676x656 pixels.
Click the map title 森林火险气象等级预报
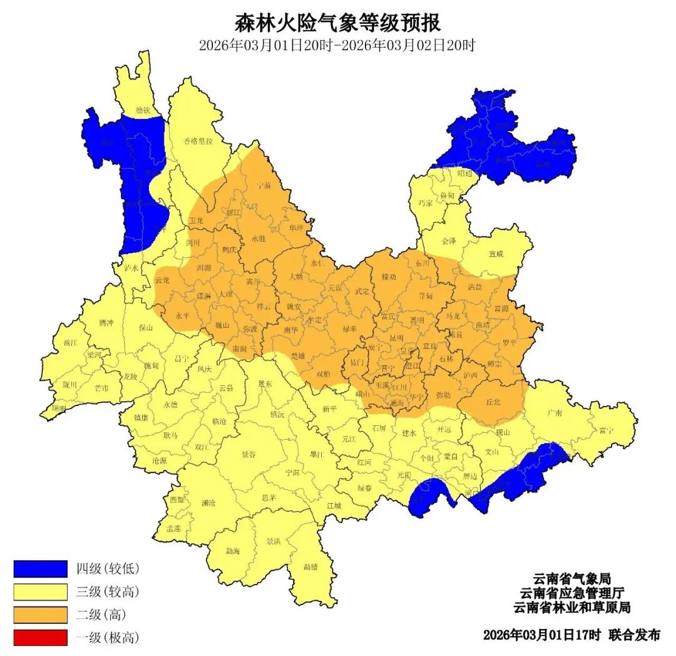[337, 23]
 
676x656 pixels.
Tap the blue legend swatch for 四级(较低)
[40, 569]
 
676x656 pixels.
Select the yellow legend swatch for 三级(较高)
[40, 591]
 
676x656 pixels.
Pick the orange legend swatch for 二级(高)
[40, 615]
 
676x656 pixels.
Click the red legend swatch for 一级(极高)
[40, 638]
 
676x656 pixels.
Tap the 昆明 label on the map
[396, 338]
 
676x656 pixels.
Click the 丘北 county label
[493, 403]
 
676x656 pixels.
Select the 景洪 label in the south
[273, 541]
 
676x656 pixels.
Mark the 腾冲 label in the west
[106, 323]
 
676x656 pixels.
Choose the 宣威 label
[496, 254]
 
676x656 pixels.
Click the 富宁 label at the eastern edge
[605, 430]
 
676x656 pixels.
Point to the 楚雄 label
[298, 355]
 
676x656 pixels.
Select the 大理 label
[226, 293]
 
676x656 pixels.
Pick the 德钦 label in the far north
[143, 110]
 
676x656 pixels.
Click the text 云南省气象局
[571, 578]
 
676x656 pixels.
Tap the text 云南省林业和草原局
[571, 607]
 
